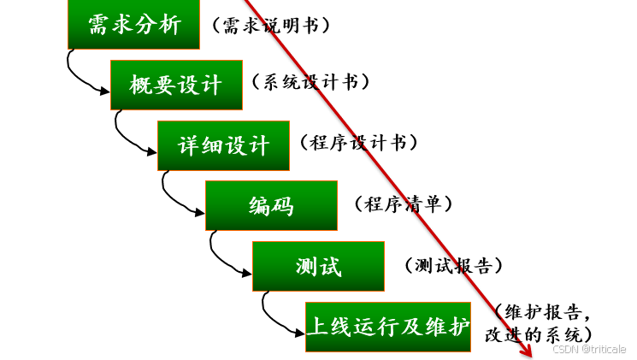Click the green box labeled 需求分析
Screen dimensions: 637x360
[134, 26]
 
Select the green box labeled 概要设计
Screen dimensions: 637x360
[176, 85]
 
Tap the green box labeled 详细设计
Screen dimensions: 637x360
[223, 145]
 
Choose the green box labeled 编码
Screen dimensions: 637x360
[271, 206]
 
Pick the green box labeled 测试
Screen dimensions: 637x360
[318, 266]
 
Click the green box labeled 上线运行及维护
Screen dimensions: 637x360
[388, 327]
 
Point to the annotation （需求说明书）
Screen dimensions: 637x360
[269, 26]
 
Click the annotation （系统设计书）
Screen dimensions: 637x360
[310, 82]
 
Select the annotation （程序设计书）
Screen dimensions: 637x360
[358, 143]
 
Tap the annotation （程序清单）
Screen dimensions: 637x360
[402, 204]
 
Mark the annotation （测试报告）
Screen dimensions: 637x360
[452, 265]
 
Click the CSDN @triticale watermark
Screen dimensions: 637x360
[589, 349]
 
